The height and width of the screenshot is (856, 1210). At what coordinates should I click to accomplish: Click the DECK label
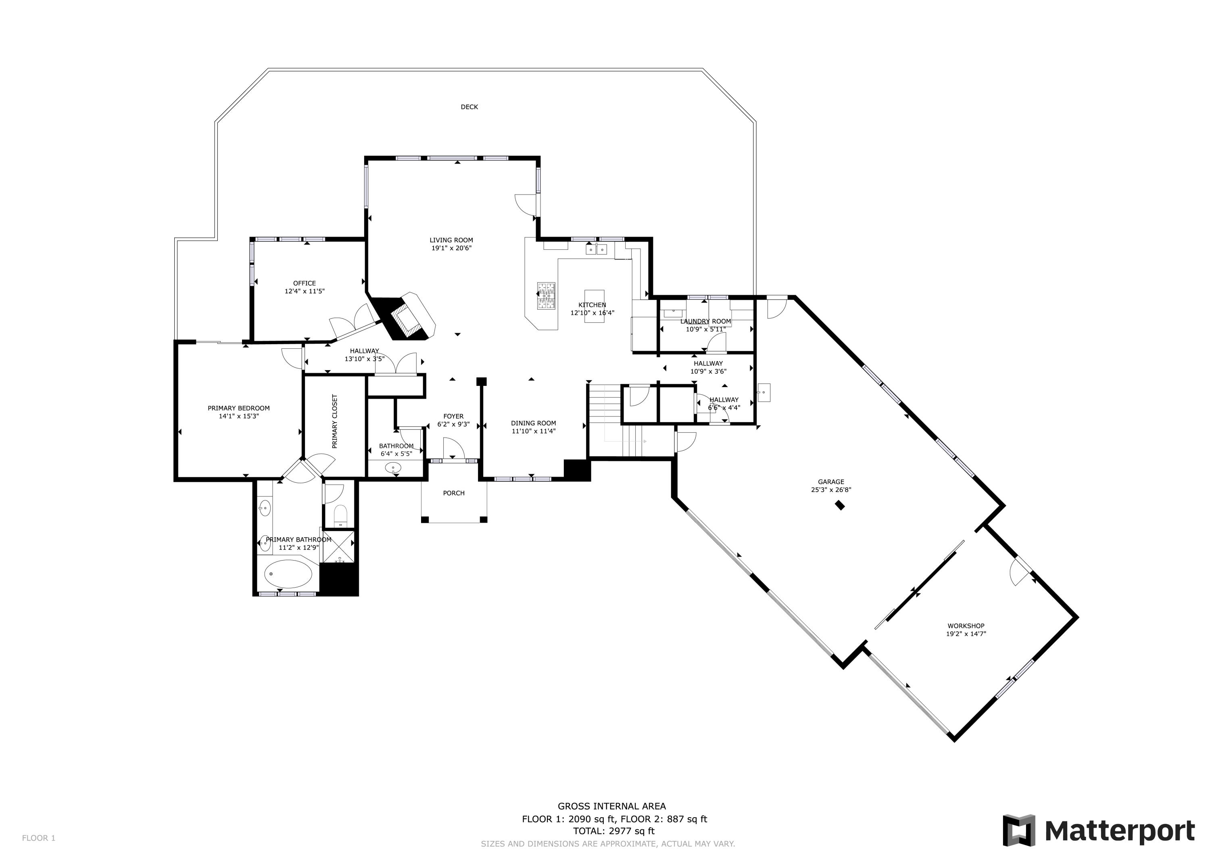pyautogui.click(x=469, y=107)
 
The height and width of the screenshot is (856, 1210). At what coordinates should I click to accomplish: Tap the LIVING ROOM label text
pyautogui.click(x=451, y=241)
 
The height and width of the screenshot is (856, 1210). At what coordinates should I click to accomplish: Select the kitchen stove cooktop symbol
pyautogui.click(x=546, y=296)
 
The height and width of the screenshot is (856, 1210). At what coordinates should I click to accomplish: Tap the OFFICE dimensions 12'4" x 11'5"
pyautogui.click(x=305, y=291)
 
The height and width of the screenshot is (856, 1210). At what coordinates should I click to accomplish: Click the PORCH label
pyautogui.click(x=454, y=493)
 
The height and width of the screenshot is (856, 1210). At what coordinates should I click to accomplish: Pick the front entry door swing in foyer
pyautogui.click(x=453, y=450)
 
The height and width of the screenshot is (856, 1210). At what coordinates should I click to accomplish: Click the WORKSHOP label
pyautogui.click(x=966, y=626)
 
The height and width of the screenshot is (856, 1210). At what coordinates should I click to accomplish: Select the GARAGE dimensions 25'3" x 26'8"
pyautogui.click(x=831, y=490)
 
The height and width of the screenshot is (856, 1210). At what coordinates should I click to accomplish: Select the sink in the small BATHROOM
pyautogui.click(x=393, y=467)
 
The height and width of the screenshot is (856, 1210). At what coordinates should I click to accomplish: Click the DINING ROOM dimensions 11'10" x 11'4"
pyautogui.click(x=533, y=431)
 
